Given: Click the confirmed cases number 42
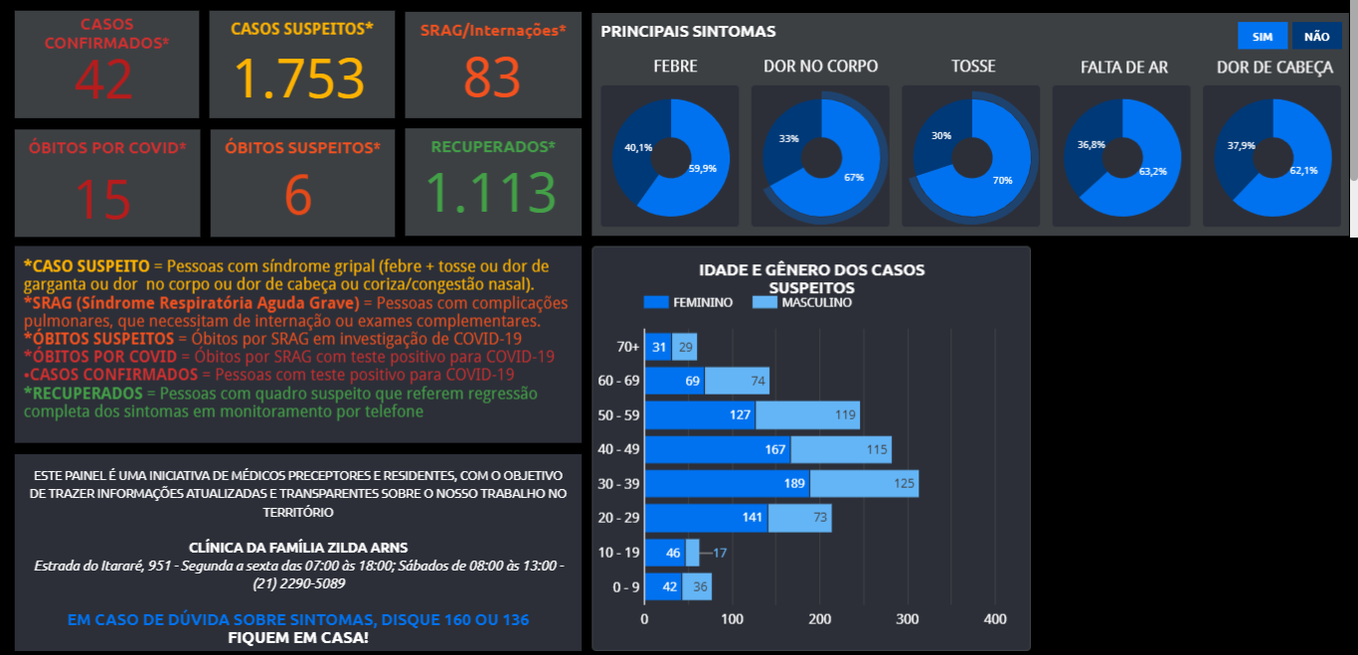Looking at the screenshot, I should (x=103, y=80).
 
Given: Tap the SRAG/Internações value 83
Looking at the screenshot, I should (x=492, y=79).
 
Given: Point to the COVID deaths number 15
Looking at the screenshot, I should (x=103, y=198).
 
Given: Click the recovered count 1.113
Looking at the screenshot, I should (x=492, y=193).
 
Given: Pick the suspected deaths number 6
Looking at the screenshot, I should (x=298, y=195).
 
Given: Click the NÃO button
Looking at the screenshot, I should (x=1316, y=37).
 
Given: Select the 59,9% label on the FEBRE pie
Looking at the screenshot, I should (x=703, y=169).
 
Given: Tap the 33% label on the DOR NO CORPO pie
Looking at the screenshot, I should (x=788, y=138).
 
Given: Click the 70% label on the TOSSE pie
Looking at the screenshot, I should (x=1003, y=180).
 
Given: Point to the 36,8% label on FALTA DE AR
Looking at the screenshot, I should (x=1092, y=145).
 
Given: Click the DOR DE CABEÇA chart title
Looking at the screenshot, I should (x=1274, y=67).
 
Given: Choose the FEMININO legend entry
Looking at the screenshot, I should (x=688, y=302).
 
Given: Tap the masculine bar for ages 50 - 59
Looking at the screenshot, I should (x=807, y=414).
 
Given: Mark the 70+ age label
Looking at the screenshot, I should (x=627, y=347).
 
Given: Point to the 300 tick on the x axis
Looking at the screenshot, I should (x=908, y=619).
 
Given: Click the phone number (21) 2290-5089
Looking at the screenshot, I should (x=298, y=583).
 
